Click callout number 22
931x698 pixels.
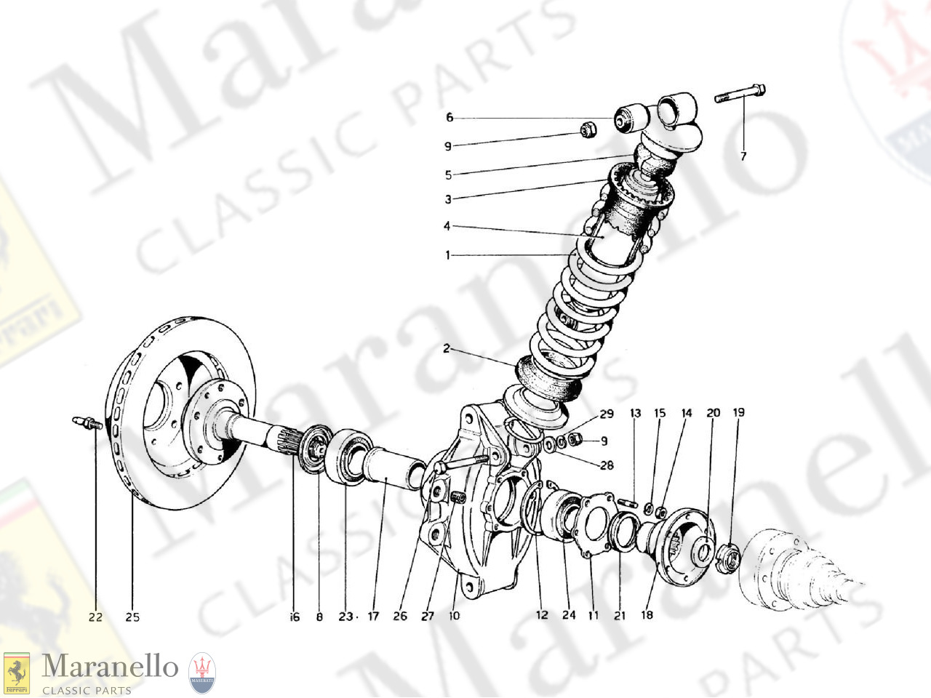pyautogui.click(x=95, y=617)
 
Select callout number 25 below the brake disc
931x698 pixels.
pyautogui.click(x=132, y=617)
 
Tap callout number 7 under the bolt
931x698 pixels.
pyautogui.click(x=743, y=156)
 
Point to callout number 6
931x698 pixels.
pyautogui.click(x=449, y=118)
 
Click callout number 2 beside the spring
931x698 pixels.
pyautogui.click(x=447, y=349)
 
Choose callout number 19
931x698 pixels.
pyautogui.click(x=738, y=413)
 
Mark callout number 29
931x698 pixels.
pyautogui.click(x=607, y=414)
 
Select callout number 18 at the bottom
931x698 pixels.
pyautogui.click(x=647, y=615)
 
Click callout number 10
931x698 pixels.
pyautogui.click(x=455, y=616)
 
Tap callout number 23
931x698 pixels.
pyautogui.click(x=345, y=617)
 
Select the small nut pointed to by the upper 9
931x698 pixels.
pyautogui.click(x=588, y=130)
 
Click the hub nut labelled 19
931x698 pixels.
pyautogui.click(x=727, y=559)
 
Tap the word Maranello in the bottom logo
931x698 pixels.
pyautogui.click(x=110, y=667)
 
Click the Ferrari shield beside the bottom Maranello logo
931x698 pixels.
pyautogui.click(x=16, y=673)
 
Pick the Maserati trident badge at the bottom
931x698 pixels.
pyautogui.click(x=202, y=673)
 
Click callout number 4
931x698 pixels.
pyautogui.click(x=447, y=226)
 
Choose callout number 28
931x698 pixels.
pyautogui.click(x=607, y=465)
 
